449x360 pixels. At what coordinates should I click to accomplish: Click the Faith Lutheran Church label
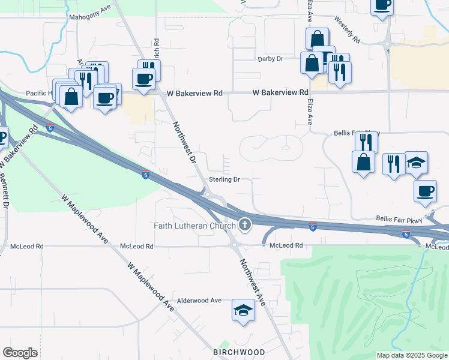(194, 226)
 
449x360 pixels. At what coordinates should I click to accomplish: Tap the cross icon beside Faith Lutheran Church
(244, 226)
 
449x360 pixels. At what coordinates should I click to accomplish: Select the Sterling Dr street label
(224, 179)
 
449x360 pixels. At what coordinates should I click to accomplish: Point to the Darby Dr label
(270, 59)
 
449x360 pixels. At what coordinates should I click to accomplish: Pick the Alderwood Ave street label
(199, 301)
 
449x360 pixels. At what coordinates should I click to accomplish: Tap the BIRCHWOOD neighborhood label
(239, 352)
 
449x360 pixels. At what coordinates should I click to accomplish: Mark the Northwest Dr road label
(184, 142)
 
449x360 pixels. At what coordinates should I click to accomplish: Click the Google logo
(20, 352)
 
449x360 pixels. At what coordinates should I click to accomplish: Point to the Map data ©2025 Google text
(411, 355)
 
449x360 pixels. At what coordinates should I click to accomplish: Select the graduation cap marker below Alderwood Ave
(243, 310)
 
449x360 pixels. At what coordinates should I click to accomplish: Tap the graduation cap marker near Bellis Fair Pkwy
(416, 163)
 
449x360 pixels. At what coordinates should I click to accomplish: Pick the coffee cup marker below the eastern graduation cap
(425, 190)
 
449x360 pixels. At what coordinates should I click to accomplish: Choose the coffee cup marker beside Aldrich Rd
(144, 78)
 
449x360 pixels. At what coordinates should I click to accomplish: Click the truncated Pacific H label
(40, 94)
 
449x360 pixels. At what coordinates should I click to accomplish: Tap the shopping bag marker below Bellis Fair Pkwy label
(364, 162)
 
